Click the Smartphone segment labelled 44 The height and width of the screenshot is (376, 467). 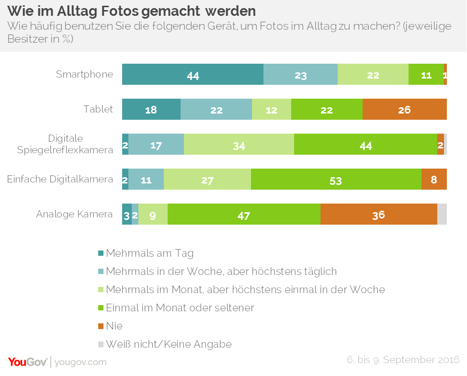coord(193,74)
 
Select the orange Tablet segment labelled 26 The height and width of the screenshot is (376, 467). coord(404,109)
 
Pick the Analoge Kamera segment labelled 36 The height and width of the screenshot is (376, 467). coord(378,214)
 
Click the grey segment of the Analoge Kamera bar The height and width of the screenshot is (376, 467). coord(442,214)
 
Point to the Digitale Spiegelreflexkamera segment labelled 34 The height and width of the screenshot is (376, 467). coord(239,144)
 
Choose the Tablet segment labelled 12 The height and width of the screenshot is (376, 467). coord(271,109)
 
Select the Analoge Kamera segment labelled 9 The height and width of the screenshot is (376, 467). coord(153,214)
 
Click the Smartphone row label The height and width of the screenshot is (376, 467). coord(84,74)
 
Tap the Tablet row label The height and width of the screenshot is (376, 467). coord(98,109)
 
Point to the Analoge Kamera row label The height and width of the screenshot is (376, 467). coord(74,214)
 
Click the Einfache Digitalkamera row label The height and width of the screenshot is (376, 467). coord(60,179)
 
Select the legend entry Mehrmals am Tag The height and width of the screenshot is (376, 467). coord(149,253)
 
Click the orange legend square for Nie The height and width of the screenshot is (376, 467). coord(101,326)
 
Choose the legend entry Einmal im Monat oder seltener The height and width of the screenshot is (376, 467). coord(180,308)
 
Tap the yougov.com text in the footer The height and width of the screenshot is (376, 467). coord(80,362)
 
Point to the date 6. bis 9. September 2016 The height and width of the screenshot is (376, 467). coord(403,360)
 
